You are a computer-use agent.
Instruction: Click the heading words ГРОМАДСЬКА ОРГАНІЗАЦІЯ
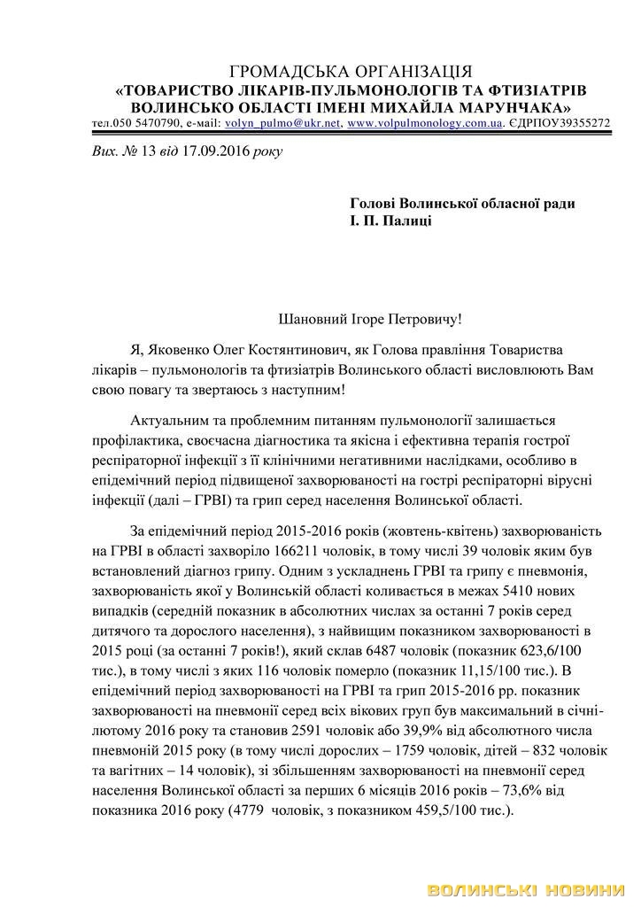(x=351, y=72)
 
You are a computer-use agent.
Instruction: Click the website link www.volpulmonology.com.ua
(x=425, y=123)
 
